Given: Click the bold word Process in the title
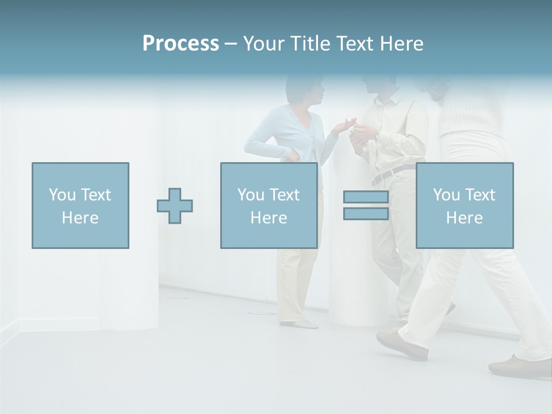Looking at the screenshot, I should (181, 44).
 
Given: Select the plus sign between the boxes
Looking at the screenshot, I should (175, 206).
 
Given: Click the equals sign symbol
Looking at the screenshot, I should (366, 205).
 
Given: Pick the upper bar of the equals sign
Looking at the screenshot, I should (366, 197).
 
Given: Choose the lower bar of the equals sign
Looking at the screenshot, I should (366, 213).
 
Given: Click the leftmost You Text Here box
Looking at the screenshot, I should (80, 205).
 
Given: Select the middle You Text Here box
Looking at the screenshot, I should (269, 205).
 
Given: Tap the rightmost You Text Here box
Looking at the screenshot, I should (465, 205).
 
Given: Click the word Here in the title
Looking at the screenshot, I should (401, 44).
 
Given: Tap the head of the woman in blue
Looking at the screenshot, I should (305, 89).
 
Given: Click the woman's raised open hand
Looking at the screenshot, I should (344, 125).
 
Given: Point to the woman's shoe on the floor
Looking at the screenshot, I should (299, 324).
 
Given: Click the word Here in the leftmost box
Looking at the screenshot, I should (80, 218).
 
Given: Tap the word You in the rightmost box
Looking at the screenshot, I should (446, 195).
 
